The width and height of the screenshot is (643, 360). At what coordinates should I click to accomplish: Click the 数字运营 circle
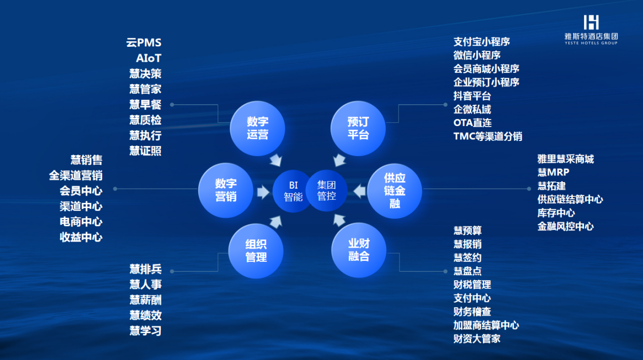(258, 128)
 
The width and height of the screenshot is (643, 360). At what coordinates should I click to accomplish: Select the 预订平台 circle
(358, 128)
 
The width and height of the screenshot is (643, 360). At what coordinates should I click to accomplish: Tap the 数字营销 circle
(226, 190)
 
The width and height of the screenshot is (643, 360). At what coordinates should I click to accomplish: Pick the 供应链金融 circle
(395, 191)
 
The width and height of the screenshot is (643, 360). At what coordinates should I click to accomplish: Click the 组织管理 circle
(256, 251)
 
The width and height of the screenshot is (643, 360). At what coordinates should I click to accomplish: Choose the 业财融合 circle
(358, 250)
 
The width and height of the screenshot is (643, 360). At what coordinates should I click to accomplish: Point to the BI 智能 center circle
(293, 191)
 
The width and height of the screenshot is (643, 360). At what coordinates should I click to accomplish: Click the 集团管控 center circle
(326, 191)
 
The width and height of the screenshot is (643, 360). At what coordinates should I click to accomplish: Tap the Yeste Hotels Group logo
(591, 30)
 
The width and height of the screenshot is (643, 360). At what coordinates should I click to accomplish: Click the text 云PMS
(144, 43)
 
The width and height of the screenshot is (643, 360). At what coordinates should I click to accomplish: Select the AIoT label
(149, 58)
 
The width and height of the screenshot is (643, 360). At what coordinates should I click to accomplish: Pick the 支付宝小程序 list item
(482, 42)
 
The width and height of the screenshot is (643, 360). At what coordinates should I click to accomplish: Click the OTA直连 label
(473, 123)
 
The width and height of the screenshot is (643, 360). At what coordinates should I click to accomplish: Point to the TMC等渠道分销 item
(487, 136)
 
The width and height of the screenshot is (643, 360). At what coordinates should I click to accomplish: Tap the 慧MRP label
(553, 172)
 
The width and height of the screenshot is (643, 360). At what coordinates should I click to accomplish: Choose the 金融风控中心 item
(566, 226)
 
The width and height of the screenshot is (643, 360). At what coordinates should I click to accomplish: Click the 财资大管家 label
(477, 339)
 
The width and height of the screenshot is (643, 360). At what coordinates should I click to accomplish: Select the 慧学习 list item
(145, 331)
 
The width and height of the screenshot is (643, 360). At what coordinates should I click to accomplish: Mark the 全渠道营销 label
(76, 175)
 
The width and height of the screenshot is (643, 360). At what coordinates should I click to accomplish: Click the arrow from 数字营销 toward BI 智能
(263, 192)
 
